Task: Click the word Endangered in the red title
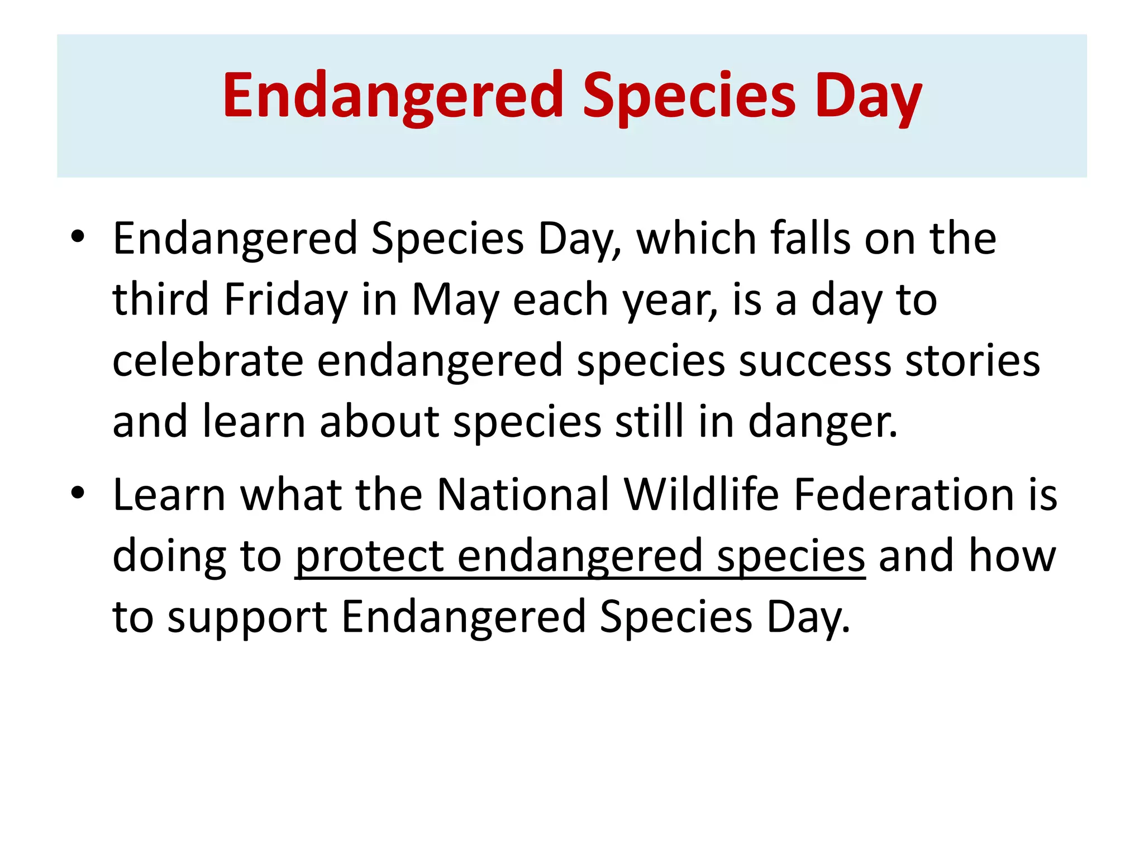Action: pyautogui.click(x=393, y=96)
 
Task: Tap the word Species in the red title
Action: pyautogui.click(x=689, y=96)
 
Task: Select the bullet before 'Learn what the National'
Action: pyautogui.click(x=78, y=492)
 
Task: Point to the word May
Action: pyautogui.click(x=455, y=301)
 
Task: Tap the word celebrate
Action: pyautogui.click(x=208, y=361)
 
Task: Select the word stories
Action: pyautogui.click(x=973, y=361)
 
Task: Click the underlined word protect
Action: pyautogui.click(x=369, y=557)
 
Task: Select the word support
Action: pyautogui.click(x=247, y=618)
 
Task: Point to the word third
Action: pyautogui.click(x=161, y=299)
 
